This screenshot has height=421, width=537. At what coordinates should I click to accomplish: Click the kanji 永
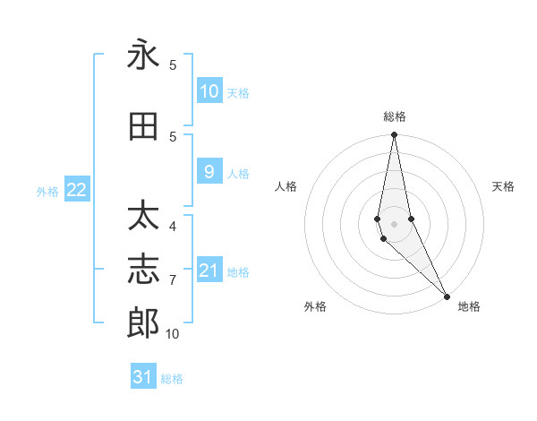coord(143,56)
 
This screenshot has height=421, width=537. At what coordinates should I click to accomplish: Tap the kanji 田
coord(143,127)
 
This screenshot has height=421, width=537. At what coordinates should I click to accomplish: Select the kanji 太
coord(143,218)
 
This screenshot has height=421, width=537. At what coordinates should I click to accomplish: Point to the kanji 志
coord(143,271)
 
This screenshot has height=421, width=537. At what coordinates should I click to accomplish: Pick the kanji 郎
coord(143,323)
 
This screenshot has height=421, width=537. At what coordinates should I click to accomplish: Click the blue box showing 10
coord(209,91)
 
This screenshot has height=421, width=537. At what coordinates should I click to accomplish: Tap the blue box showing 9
coord(209,172)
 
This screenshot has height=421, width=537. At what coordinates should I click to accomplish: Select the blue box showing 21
coord(209,271)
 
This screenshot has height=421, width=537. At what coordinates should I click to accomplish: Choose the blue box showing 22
coord(77,190)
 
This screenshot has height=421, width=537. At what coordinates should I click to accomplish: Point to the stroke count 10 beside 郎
coord(172,334)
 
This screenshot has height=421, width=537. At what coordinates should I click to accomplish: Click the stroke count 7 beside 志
coord(173,280)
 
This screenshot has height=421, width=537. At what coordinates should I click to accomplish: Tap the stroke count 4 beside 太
coord(173,227)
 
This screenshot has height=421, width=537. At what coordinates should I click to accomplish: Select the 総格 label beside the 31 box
coord(172,379)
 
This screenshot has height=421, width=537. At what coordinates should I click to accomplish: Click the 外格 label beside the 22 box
coord(47,191)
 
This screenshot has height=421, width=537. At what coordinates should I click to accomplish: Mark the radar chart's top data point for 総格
coord(395,135)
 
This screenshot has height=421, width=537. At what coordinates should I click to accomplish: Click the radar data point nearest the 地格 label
coord(447,296)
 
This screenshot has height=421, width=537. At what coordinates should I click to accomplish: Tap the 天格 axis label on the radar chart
coord(504,186)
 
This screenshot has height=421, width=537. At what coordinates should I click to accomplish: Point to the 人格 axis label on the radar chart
coord(286,186)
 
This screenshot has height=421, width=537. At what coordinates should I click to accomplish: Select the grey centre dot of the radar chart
coord(395,224)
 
